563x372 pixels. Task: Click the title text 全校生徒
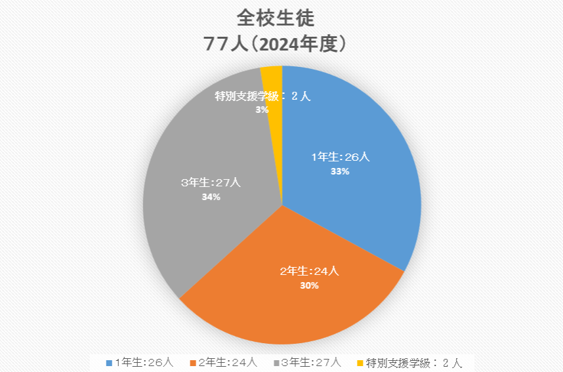(280, 18)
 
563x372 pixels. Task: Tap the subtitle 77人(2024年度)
(280, 44)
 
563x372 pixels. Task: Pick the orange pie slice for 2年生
(289, 308)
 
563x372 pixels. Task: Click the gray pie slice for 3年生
(197, 223)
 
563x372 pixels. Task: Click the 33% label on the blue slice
(341, 171)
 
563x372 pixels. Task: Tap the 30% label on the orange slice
(309, 285)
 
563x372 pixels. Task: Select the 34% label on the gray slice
(211, 196)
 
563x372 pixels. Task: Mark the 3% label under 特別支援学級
(262, 110)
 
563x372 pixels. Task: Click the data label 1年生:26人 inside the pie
(341, 157)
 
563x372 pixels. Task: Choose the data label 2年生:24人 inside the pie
(309, 271)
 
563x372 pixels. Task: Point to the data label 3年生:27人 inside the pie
(211, 182)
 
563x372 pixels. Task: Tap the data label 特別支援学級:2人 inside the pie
(262, 96)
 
